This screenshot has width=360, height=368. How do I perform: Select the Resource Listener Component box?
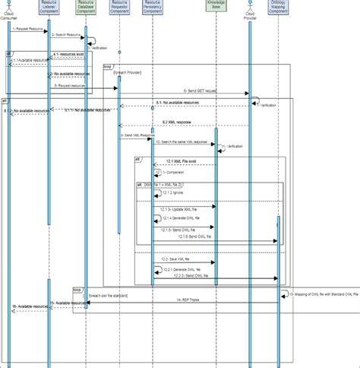tap(49, 8)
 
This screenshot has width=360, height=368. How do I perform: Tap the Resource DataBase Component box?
tap(86, 8)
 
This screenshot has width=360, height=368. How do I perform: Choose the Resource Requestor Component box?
tap(119, 8)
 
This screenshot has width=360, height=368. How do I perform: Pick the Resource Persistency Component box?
tap(153, 8)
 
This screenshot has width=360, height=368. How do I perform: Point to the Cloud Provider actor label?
tap(250, 15)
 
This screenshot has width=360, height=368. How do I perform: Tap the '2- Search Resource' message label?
tap(65, 35)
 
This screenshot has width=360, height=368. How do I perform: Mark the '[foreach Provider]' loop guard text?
tap(128, 72)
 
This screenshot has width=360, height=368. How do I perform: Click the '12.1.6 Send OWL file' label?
tap(197, 236)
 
